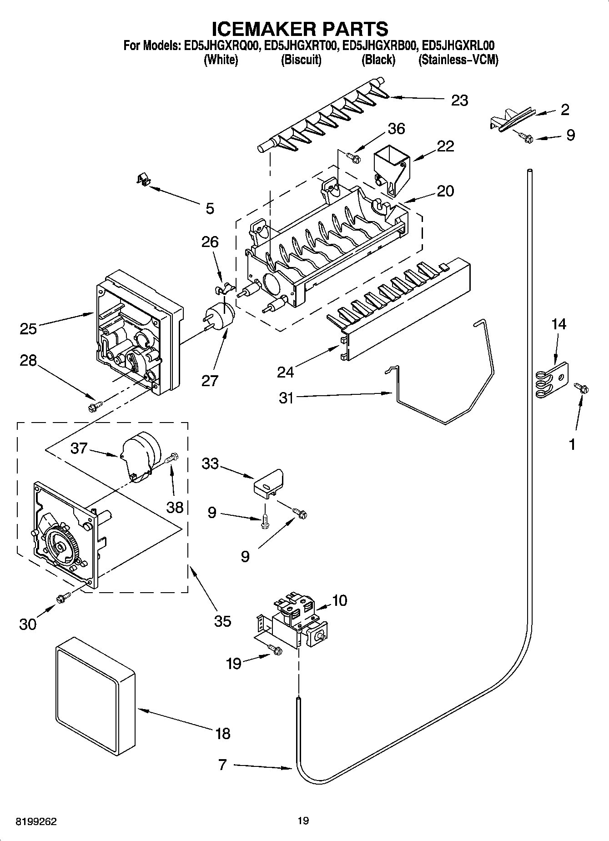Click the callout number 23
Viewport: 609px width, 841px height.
459,100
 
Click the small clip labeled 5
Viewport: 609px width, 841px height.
144,180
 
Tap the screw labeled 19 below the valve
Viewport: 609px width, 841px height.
275,651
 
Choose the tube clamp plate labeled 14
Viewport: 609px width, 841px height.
551,378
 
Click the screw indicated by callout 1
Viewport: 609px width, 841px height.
581,388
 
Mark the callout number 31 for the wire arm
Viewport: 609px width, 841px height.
286,398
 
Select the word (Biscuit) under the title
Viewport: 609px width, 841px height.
301,60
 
